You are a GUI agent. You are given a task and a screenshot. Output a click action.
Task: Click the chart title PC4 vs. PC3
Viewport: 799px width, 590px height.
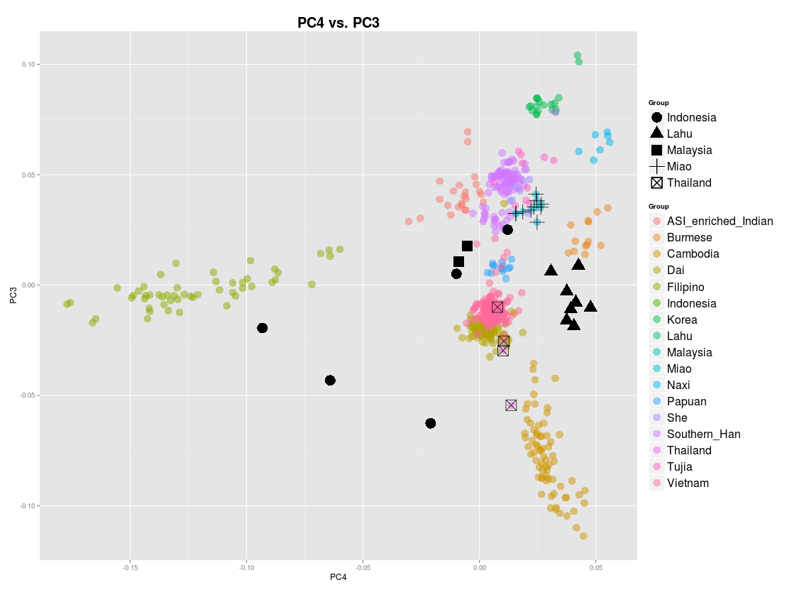tap(338, 23)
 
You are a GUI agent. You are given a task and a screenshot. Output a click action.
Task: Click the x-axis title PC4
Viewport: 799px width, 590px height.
tap(338, 577)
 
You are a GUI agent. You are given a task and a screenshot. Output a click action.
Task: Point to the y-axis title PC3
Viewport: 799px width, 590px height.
tap(13, 295)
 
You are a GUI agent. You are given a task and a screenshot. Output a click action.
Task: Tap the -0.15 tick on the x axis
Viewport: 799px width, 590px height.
tap(130, 567)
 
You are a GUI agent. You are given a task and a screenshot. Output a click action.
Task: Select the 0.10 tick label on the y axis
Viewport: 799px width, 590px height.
tap(27, 65)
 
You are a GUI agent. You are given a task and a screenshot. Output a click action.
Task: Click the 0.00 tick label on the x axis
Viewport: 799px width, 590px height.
tap(480, 567)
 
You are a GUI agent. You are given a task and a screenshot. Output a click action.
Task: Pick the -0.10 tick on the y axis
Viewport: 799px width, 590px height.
tap(26, 506)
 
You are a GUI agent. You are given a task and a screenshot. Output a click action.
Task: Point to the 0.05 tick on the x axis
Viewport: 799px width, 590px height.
tap(596, 567)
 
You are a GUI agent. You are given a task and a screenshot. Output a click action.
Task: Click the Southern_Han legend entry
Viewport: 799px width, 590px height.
tap(703, 434)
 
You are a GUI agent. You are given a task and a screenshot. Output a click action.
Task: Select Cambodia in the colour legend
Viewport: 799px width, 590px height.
tap(693, 253)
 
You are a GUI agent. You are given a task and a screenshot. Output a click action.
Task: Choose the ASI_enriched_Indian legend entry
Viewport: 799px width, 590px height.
tap(720, 221)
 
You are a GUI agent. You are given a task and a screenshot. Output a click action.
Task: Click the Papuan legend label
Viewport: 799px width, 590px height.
tap(686, 401)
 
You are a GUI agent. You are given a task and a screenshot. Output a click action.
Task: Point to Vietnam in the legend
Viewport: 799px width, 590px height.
tap(688, 483)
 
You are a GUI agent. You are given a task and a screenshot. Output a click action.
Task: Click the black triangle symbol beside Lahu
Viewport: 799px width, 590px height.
tap(657, 133)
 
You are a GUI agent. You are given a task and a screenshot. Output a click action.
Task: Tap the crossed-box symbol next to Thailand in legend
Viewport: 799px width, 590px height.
tap(657, 182)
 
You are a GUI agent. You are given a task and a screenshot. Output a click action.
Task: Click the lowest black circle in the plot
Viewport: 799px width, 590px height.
tap(430, 423)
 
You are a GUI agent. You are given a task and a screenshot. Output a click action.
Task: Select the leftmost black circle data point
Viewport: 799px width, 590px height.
tap(262, 328)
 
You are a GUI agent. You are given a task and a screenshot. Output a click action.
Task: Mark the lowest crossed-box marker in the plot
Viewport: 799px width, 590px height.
tap(511, 405)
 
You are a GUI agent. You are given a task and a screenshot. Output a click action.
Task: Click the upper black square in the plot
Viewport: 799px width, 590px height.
tap(467, 246)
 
